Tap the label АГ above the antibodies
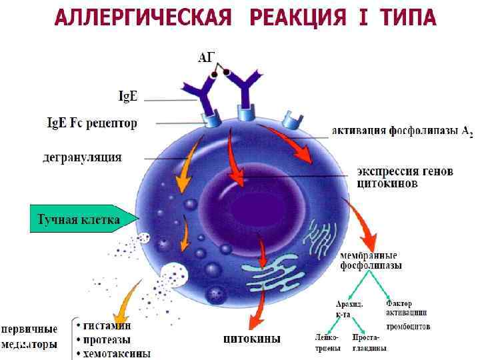(207, 58)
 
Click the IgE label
(128, 97)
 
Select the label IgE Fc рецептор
(91, 123)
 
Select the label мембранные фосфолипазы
(371, 260)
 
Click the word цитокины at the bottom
(251, 339)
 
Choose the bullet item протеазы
(107, 340)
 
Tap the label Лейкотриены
(327, 343)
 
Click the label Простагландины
(369, 343)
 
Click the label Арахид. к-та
(349, 308)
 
